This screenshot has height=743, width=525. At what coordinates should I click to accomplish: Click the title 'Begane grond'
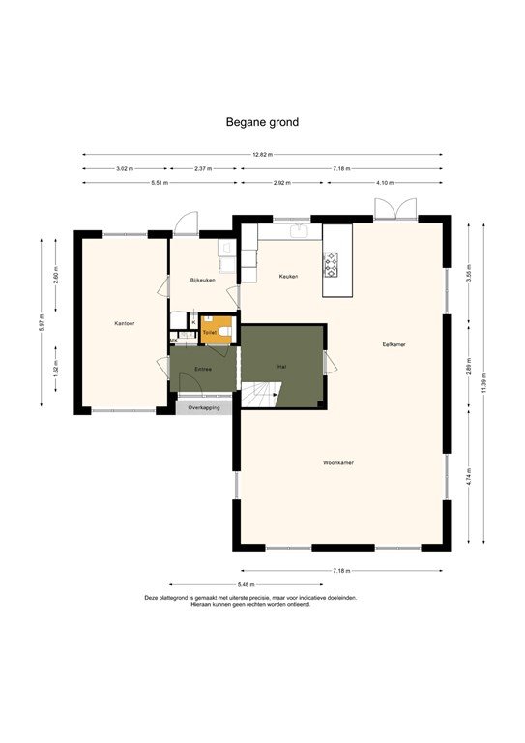coord(262,122)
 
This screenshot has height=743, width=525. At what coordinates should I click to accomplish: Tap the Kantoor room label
coord(124,323)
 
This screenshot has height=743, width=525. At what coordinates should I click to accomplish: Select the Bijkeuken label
coord(201,280)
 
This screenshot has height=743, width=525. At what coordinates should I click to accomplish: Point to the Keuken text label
coord(288,277)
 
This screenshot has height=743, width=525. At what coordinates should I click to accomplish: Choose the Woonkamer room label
coord(338,463)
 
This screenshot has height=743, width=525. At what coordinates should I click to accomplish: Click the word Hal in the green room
coord(281,367)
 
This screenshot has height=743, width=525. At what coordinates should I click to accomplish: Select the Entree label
coord(203,369)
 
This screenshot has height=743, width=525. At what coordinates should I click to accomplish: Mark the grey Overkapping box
coord(203,407)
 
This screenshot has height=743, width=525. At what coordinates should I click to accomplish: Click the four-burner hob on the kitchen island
coord(331,263)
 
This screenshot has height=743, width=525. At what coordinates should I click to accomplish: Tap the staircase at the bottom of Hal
coord(262,395)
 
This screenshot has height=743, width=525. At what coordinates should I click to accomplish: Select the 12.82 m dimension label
coord(262,155)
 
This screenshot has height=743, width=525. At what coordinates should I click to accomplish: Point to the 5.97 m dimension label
coord(42,323)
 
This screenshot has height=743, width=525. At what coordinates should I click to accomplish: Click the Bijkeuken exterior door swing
coord(185,223)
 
